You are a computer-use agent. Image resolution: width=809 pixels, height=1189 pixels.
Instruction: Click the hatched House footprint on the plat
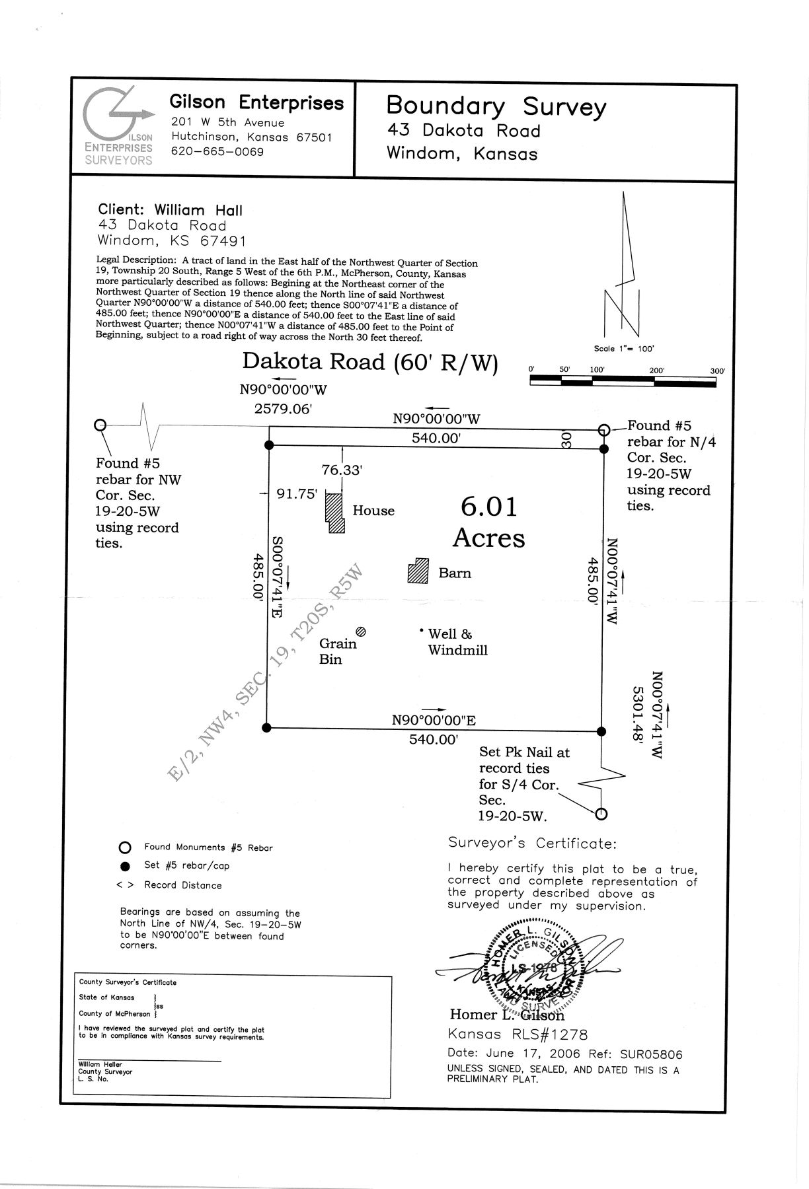(335, 513)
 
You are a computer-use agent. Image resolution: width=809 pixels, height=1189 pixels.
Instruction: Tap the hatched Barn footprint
(418, 571)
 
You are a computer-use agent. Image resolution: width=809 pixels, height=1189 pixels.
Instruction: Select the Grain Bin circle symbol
(361, 631)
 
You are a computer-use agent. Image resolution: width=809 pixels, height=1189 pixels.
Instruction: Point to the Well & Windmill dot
(421, 631)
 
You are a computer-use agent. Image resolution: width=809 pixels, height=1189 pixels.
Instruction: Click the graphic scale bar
(622, 381)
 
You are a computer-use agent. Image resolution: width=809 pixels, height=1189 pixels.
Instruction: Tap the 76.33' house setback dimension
(342, 470)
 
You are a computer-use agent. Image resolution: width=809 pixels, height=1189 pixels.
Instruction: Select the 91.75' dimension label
(297, 493)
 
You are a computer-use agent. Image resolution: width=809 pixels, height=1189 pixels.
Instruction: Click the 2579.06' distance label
(283, 409)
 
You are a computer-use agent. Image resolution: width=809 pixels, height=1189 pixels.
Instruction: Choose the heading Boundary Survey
(496, 106)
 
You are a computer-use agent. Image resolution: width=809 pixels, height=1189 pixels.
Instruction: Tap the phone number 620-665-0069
(217, 152)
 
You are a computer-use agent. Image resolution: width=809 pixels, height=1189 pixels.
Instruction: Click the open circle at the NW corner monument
(100, 425)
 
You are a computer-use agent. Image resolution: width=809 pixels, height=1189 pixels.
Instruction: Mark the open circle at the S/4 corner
(601, 814)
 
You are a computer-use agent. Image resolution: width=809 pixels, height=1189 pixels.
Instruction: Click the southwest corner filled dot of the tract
(266, 727)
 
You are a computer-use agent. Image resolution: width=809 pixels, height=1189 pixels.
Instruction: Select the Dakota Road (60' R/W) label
(370, 362)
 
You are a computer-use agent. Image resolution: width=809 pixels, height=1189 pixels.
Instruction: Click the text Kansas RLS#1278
(518, 1034)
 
